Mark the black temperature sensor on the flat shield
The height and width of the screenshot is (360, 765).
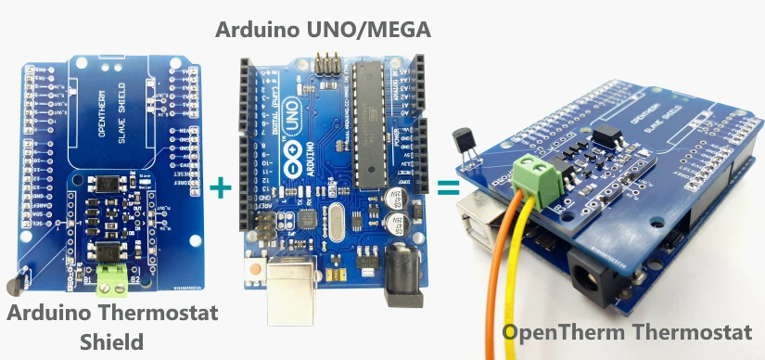pos(16,283)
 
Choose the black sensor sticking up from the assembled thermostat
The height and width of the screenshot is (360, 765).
pos(464,144)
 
